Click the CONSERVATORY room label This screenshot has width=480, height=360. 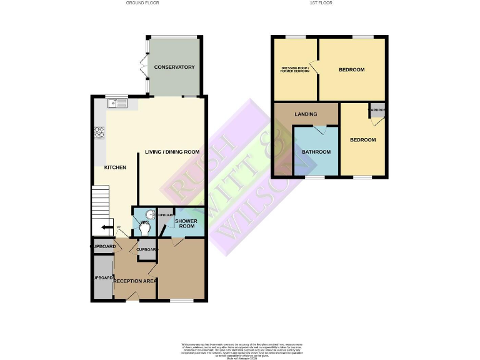tap(174, 67)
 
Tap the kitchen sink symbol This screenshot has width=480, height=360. tap(117, 102)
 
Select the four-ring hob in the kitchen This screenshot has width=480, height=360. tap(99, 132)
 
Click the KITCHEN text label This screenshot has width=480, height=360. tap(115, 167)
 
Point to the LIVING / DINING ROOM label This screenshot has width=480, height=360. tap(172, 152)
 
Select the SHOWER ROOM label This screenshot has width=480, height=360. tap(186, 224)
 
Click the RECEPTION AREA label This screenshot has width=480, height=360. tap(135, 281)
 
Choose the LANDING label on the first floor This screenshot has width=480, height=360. tap(306, 114)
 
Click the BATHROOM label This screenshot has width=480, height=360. tap(316, 152)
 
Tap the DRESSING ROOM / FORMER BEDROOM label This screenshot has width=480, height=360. tap(294, 69)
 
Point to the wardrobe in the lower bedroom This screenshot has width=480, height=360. tap(376, 111)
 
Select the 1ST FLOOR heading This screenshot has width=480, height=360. tap(321, 3)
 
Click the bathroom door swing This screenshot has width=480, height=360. tap(321, 130)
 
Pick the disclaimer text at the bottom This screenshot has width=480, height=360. tap(241, 350)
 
